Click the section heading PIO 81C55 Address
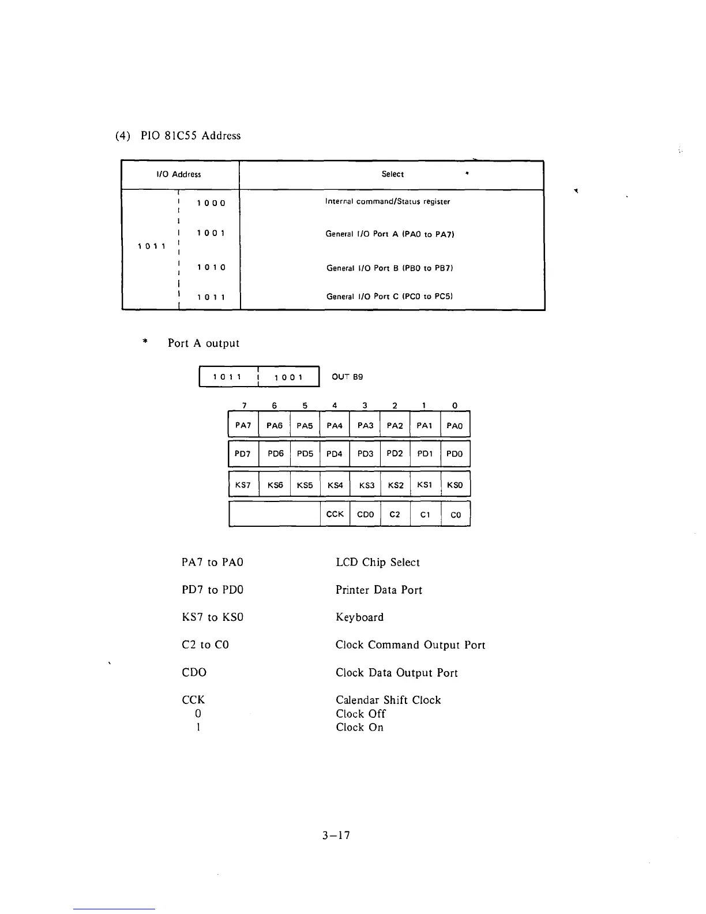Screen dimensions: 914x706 (178, 136)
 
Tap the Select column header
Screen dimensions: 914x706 (392, 174)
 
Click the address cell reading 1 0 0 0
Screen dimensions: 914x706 (211, 203)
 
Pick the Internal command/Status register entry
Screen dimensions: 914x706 (387, 201)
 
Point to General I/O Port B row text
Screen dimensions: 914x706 (389, 268)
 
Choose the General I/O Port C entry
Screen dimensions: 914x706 (389, 297)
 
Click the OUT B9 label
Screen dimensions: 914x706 (347, 377)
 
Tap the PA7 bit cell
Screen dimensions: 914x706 (243, 426)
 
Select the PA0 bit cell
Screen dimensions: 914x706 (455, 426)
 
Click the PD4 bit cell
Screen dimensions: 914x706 (335, 454)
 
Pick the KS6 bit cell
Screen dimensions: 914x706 (275, 485)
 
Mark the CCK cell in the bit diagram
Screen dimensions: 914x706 (335, 514)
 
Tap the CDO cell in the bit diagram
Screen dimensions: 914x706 (365, 515)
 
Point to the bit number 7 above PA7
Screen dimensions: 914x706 (244, 406)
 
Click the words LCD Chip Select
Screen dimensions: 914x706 (377, 563)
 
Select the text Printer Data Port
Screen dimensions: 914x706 (378, 590)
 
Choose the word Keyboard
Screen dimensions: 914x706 (359, 617)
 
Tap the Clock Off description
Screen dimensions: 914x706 (360, 714)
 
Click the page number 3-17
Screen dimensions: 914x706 (337, 836)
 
